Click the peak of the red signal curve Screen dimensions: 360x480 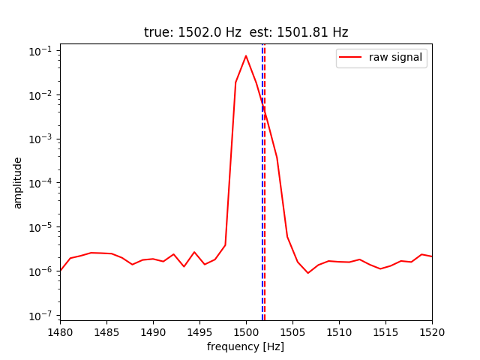246,55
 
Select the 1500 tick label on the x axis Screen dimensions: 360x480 246,331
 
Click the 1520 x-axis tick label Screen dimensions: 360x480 432,331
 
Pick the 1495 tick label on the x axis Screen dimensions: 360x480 199,331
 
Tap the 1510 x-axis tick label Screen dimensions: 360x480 339,331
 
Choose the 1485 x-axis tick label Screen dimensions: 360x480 106,331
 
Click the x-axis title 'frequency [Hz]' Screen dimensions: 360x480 246,346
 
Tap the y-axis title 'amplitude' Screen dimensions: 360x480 18,183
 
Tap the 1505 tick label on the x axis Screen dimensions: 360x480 292,331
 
